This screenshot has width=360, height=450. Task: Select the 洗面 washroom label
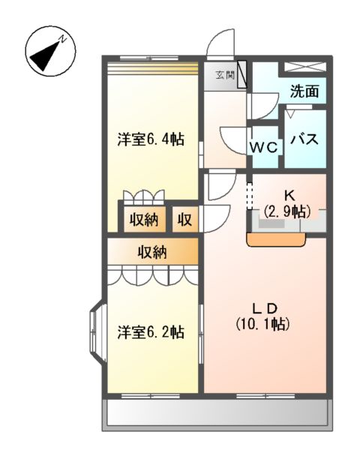click(304, 92)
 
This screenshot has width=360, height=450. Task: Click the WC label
click(264, 147)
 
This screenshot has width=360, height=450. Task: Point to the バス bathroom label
click(305, 139)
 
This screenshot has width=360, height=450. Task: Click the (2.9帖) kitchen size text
click(286, 212)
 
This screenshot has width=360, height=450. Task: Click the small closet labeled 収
click(184, 220)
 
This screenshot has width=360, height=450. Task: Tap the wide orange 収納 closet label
click(152, 252)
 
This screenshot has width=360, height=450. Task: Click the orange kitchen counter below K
click(277, 240)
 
